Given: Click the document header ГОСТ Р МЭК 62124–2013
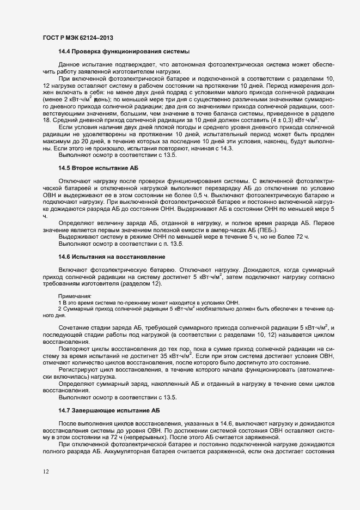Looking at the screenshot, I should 78,37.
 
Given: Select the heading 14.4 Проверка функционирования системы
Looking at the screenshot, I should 123,52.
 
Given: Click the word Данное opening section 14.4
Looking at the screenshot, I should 69,65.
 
